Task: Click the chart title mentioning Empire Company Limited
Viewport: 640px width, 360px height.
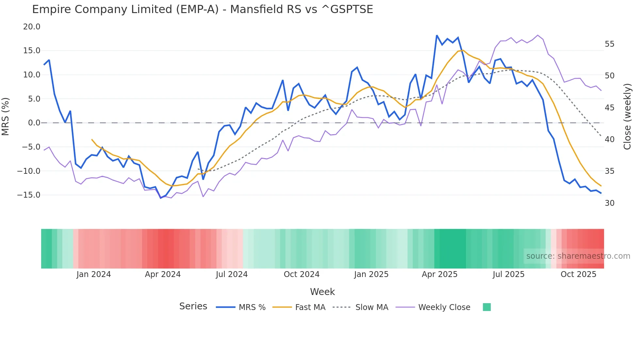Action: point(202,9)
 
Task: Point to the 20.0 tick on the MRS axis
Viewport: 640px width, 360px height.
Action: point(32,27)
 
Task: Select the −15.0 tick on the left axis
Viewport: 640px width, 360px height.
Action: point(29,195)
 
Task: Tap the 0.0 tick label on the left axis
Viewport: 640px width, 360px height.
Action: point(34,123)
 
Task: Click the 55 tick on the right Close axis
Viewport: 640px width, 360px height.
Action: point(609,44)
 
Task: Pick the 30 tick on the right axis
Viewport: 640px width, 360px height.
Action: point(609,203)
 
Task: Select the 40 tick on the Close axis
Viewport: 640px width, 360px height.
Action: point(609,139)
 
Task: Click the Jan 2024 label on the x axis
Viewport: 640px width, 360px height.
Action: point(94,274)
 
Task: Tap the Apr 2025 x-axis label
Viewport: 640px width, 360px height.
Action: point(440,274)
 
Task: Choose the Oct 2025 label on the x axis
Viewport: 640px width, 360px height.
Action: point(578,274)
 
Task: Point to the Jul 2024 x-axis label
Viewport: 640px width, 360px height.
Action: point(232,274)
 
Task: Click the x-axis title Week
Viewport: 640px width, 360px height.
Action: point(322,292)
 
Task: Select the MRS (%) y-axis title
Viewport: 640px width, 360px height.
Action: point(6,116)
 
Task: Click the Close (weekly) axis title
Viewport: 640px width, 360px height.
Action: point(627,116)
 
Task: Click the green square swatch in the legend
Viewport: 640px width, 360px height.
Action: point(487,307)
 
